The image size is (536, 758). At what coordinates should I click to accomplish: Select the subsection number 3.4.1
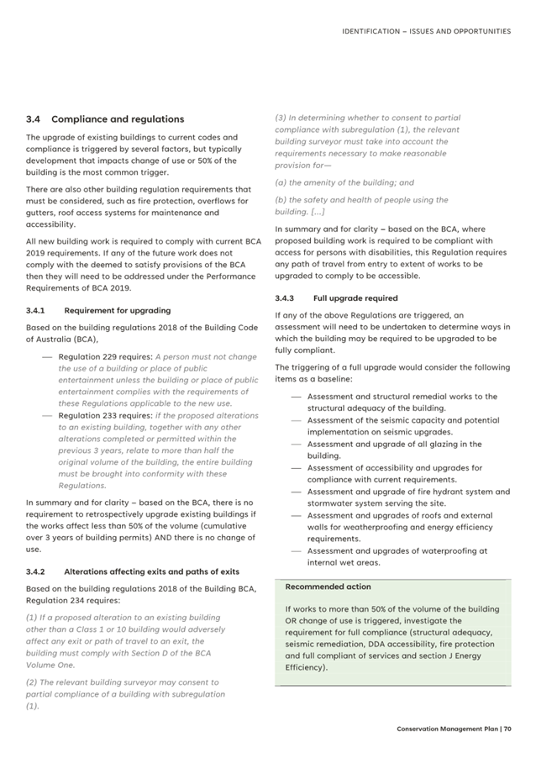(x=38, y=310)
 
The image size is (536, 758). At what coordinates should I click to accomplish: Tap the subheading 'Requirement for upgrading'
(x=117, y=310)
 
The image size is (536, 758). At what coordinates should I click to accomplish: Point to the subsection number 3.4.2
(x=39, y=571)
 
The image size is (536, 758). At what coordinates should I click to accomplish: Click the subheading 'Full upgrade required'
(x=355, y=297)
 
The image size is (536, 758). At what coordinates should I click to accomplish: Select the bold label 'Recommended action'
(x=328, y=587)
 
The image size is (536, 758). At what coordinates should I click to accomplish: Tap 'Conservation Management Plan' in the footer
(x=447, y=729)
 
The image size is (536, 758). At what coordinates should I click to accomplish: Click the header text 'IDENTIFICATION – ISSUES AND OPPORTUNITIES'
(x=426, y=31)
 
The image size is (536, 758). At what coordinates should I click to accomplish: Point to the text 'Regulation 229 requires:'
(x=105, y=357)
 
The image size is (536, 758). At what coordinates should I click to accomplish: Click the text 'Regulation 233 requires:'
(x=105, y=415)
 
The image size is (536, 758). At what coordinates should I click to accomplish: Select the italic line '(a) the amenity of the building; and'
(x=344, y=182)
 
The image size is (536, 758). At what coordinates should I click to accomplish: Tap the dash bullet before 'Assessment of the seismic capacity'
(x=296, y=420)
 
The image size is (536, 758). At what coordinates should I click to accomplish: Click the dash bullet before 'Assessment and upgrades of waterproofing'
(x=296, y=551)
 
